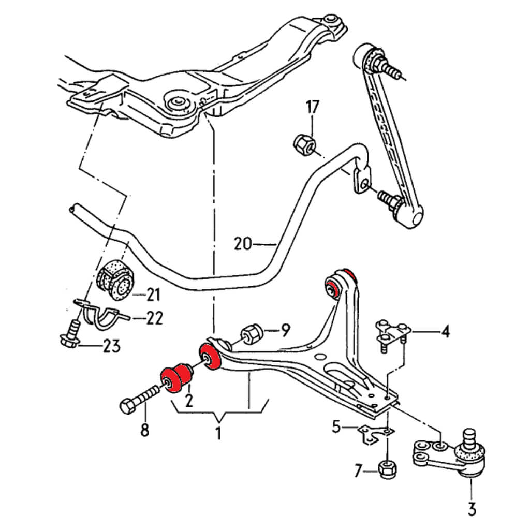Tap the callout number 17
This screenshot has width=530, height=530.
(x=312, y=108)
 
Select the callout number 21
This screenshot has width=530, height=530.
(x=153, y=296)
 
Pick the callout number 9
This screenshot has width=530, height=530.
(x=285, y=329)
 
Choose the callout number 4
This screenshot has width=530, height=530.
(x=445, y=330)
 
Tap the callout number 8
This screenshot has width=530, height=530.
(x=144, y=429)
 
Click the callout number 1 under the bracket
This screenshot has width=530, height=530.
(x=218, y=433)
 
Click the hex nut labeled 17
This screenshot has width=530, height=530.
(x=303, y=144)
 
